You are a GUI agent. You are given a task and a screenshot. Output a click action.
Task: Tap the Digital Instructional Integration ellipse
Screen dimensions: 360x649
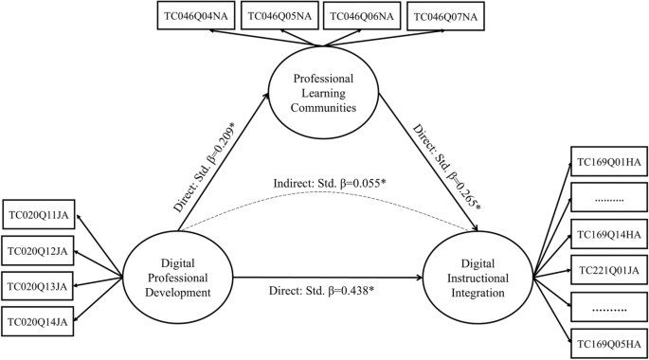(x=478, y=279)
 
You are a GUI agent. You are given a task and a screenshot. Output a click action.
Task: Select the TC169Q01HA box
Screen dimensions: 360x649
(x=606, y=162)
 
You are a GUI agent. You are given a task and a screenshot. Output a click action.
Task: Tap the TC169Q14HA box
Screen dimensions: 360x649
(x=606, y=233)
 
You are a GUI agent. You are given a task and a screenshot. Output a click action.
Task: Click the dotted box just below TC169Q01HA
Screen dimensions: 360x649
(x=606, y=197)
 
